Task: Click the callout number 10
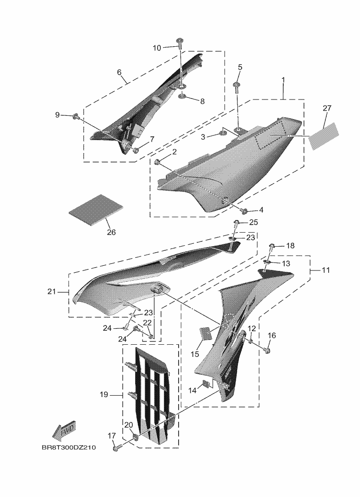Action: [157, 48]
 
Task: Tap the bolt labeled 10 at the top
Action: [180, 43]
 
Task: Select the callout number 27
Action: [327, 108]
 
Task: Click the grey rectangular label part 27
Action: [325, 135]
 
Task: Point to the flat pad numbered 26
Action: [97, 210]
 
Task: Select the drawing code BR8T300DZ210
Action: [68, 447]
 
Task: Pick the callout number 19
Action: [104, 395]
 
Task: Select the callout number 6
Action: [119, 72]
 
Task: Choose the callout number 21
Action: [52, 292]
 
